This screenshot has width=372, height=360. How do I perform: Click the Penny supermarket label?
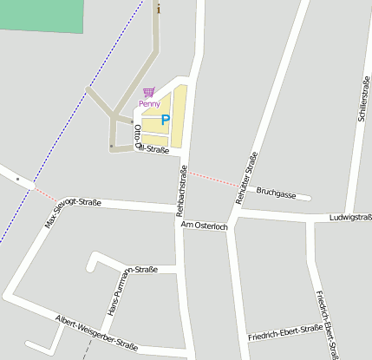(149, 104)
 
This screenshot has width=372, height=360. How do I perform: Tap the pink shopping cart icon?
(149, 92)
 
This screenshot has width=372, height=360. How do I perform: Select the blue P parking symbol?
(166, 121)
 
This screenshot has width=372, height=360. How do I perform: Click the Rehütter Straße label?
(247, 179)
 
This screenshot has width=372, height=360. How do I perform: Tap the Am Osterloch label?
(204, 226)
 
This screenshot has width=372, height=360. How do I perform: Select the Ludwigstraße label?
(350, 217)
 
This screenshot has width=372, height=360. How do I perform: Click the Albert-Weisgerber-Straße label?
(96, 332)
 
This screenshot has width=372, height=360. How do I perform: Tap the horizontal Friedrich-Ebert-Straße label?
(284, 332)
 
